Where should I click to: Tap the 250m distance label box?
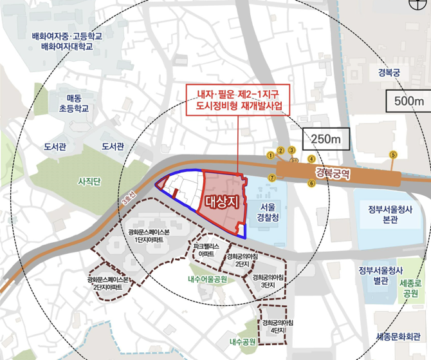coord(324,138)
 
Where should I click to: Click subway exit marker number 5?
coord(394,155)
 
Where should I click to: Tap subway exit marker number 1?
coord(270,155)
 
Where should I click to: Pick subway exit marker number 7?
coord(271,177)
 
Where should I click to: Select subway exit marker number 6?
coord(311,184)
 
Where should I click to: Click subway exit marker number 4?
coord(311,158)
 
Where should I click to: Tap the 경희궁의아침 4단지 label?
coord(278,327)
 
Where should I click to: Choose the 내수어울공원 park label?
coord(207,279)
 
